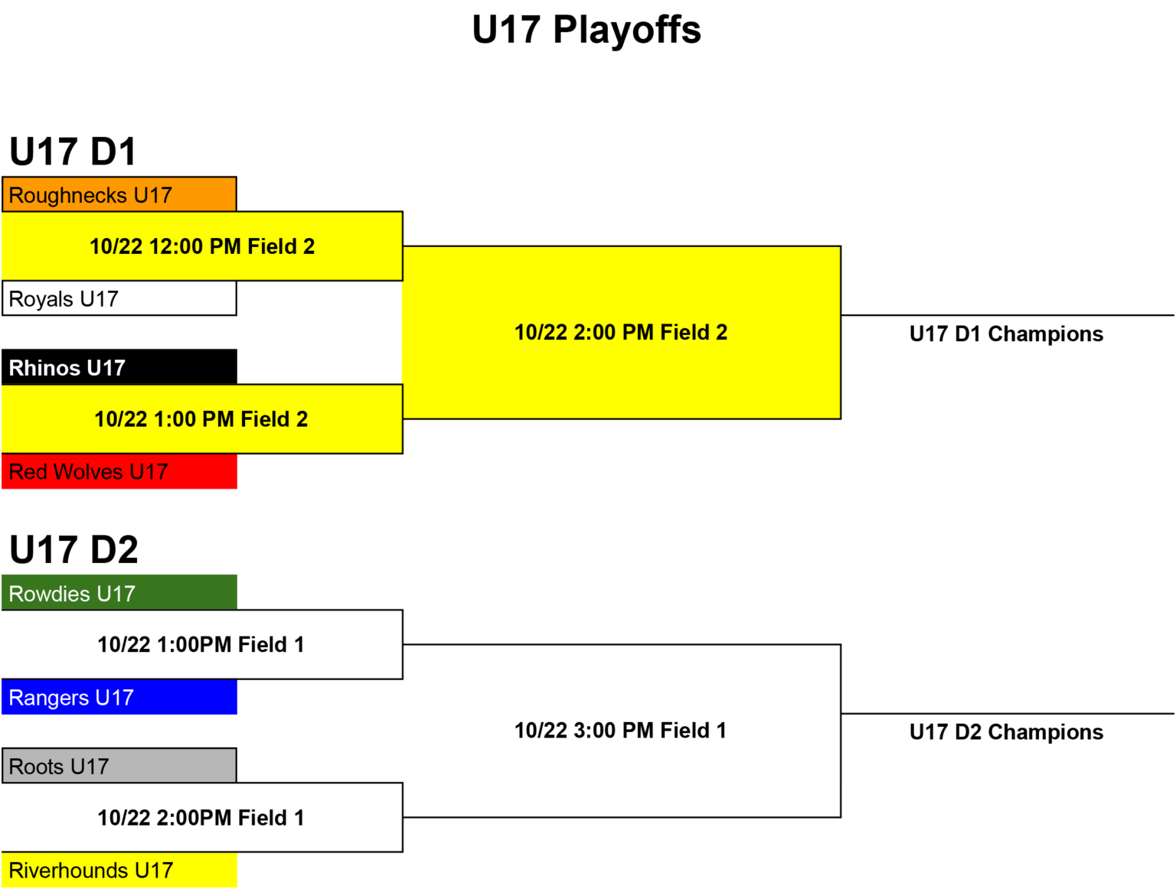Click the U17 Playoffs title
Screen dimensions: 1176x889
click(586, 30)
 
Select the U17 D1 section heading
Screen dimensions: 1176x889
click(73, 151)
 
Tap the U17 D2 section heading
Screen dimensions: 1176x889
click(74, 549)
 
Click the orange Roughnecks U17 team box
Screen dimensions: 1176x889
click(119, 194)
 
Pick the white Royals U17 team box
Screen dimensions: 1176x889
click(119, 298)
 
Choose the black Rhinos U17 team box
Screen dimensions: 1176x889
click(119, 367)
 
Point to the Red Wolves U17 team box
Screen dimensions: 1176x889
click(119, 471)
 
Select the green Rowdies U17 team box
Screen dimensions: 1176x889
click(119, 592)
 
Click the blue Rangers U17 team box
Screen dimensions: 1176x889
click(119, 697)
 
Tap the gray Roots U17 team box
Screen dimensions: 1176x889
click(119, 766)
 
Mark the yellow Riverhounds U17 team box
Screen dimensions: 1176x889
click(119, 870)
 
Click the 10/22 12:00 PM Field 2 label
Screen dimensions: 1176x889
click(202, 247)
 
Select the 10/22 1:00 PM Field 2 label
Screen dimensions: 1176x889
click(201, 419)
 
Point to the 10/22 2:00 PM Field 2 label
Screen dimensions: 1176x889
click(621, 332)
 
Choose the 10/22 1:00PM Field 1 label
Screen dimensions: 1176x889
click(201, 645)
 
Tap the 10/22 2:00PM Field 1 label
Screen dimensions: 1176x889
click(201, 818)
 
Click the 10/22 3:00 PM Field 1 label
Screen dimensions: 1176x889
click(620, 731)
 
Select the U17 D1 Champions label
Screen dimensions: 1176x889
click(1006, 334)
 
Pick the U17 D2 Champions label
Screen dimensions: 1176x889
click(1006, 732)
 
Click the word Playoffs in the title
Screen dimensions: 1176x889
click(627, 31)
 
